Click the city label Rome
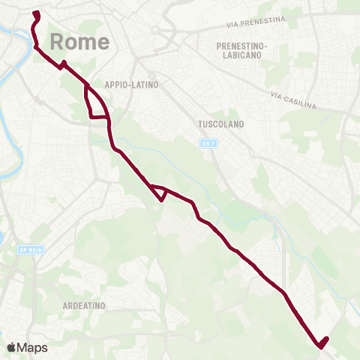click(x=80, y=42)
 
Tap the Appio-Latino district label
click(x=132, y=85)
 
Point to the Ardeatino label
click(x=82, y=305)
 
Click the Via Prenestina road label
click(x=256, y=24)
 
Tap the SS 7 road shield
click(x=208, y=142)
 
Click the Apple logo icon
click(x=11, y=347)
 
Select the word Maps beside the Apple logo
click(x=32, y=347)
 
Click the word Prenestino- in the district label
click(x=242, y=45)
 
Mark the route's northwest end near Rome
click(x=36, y=13)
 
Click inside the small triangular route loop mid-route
click(x=158, y=192)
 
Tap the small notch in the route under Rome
click(x=63, y=64)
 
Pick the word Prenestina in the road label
click(x=262, y=24)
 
